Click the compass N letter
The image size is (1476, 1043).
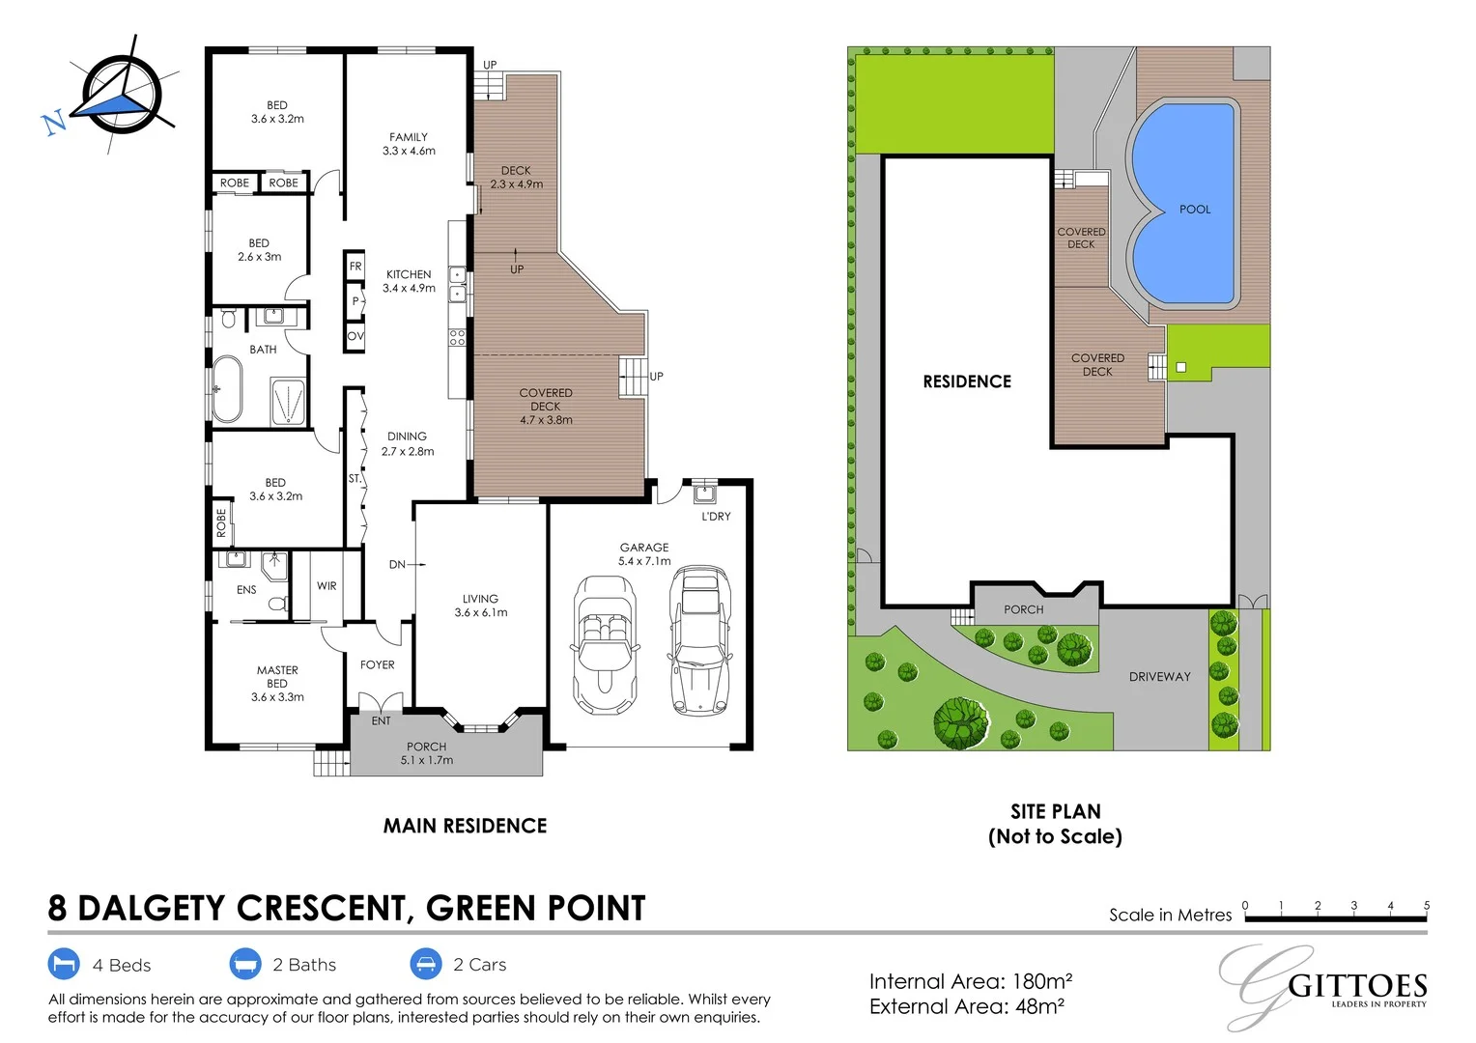point(54,122)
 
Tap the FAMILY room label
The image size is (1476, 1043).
point(409,137)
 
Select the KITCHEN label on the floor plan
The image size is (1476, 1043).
point(409,274)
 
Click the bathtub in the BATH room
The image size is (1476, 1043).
point(227,389)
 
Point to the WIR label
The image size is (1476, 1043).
point(326,586)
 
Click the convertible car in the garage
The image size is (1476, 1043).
point(605,644)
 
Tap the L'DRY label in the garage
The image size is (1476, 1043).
point(716,517)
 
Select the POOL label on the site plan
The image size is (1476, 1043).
point(1195,210)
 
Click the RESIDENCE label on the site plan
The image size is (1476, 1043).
point(967,381)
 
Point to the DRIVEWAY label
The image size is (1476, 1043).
point(1159,677)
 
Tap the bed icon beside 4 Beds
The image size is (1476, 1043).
point(64,964)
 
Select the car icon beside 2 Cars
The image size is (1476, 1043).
point(426,964)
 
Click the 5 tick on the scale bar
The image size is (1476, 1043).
point(1426,906)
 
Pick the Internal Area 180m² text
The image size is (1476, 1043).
point(970,981)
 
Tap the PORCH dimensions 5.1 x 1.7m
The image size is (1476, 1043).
point(427,761)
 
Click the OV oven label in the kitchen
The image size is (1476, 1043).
point(355,336)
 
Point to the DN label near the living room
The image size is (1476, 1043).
point(397,565)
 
